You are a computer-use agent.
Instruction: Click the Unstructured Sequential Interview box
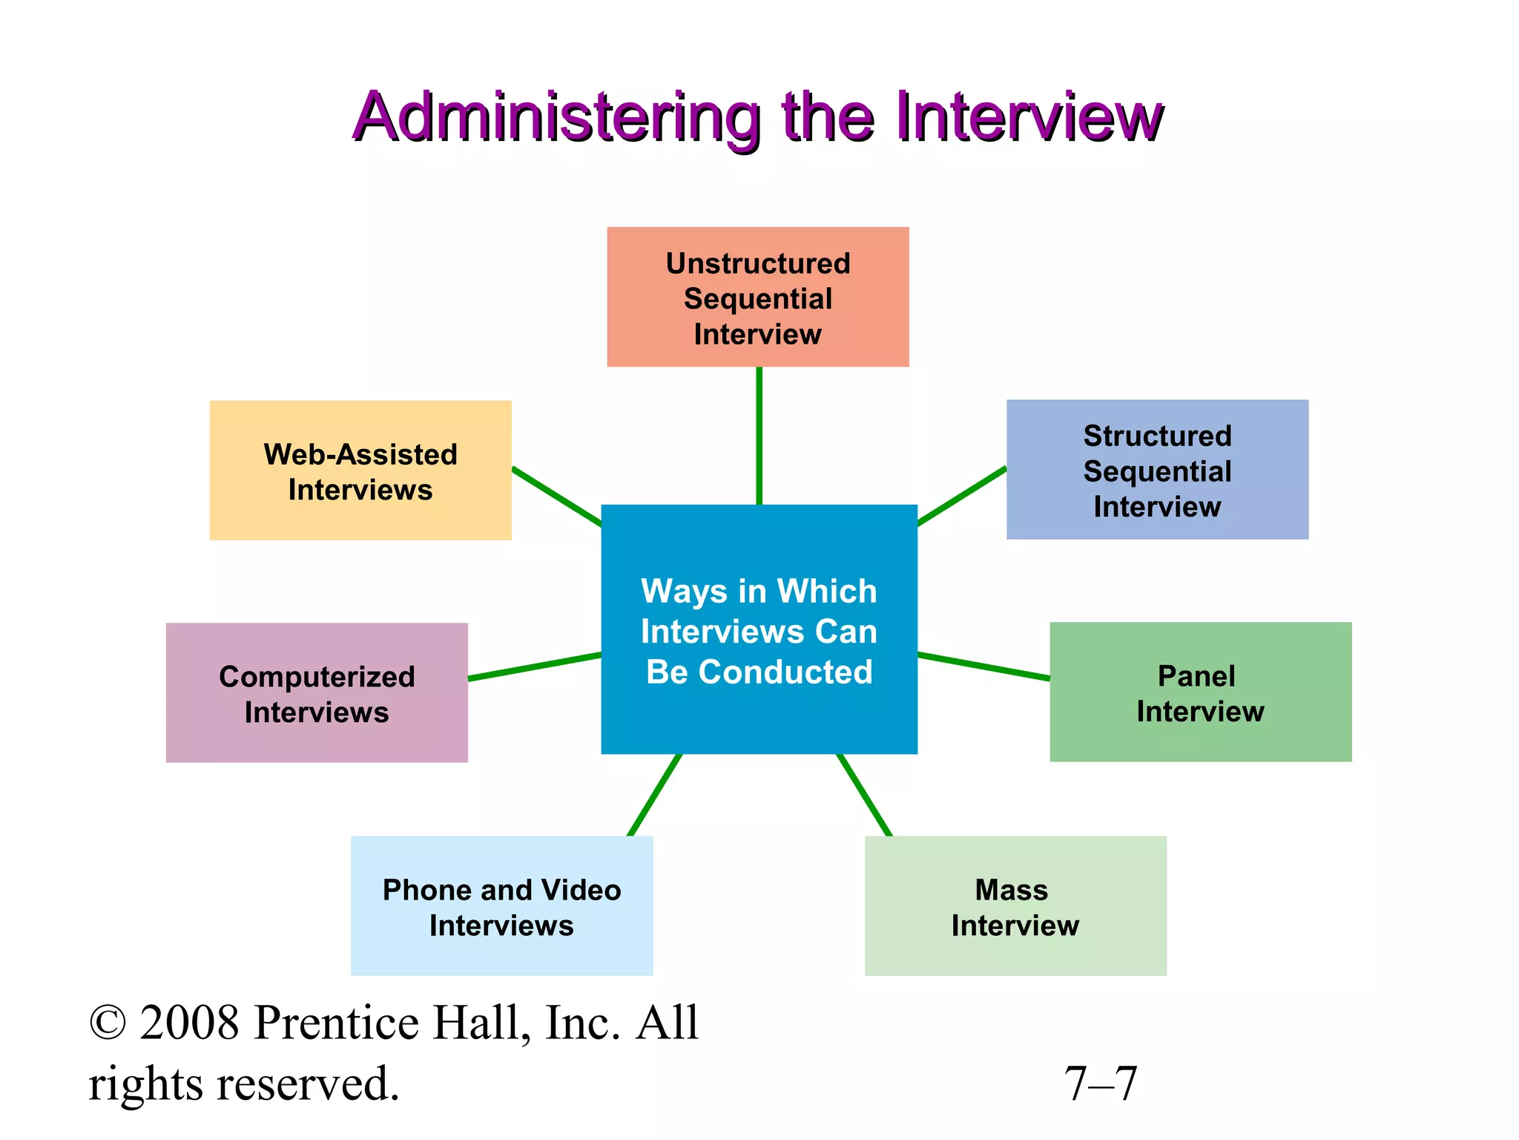coord(757,297)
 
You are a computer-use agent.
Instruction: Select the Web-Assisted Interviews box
coord(360,471)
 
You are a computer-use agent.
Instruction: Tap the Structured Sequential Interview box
coord(1157,470)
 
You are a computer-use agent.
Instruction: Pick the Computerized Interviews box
coord(317,692)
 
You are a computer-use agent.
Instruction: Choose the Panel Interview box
coord(1200,692)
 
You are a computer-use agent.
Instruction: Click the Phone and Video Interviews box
coord(501,905)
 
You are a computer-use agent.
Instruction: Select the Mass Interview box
coord(1015,905)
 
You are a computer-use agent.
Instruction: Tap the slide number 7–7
coord(1101,1084)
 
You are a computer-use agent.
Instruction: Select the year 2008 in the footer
coord(190,1023)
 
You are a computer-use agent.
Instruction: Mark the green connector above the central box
coord(759,436)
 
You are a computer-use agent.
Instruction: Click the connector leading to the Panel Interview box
coord(983,666)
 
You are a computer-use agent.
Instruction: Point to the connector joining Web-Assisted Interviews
coord(556,497)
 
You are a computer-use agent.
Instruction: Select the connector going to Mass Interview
coord(865,796)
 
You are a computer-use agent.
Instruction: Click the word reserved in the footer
coord(308,1084)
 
